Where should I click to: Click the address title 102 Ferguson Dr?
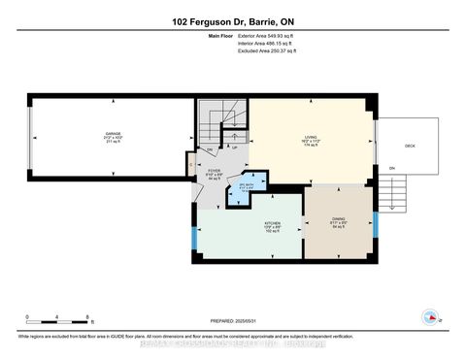233,21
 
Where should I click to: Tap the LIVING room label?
311,139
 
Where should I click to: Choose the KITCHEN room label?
275,226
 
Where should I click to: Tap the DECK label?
410,143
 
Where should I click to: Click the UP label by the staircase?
234,148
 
